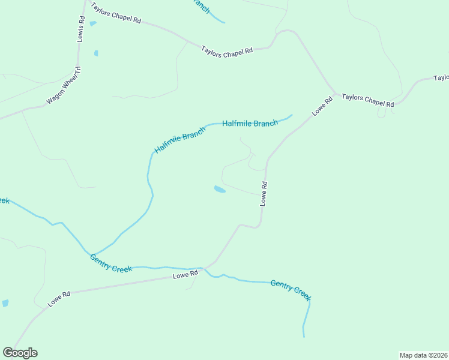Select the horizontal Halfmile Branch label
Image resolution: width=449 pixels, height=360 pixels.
point(250,124)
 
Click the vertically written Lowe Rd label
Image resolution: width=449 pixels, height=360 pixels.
point(263,194)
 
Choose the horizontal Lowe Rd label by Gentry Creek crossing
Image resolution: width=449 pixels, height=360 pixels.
point(185,275)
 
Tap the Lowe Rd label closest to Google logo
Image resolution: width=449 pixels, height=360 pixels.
point(59,299)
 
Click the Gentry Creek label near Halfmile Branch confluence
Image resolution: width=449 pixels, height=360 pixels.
point(111,263)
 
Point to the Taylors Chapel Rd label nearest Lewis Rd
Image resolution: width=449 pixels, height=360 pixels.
point(115,13)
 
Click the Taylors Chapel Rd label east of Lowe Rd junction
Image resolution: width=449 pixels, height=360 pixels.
point(368,100)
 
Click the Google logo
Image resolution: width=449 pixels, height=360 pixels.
point(20,353)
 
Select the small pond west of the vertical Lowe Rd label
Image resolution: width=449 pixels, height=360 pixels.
point(220,190)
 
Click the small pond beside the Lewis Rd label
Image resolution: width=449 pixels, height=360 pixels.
point(92,24)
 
